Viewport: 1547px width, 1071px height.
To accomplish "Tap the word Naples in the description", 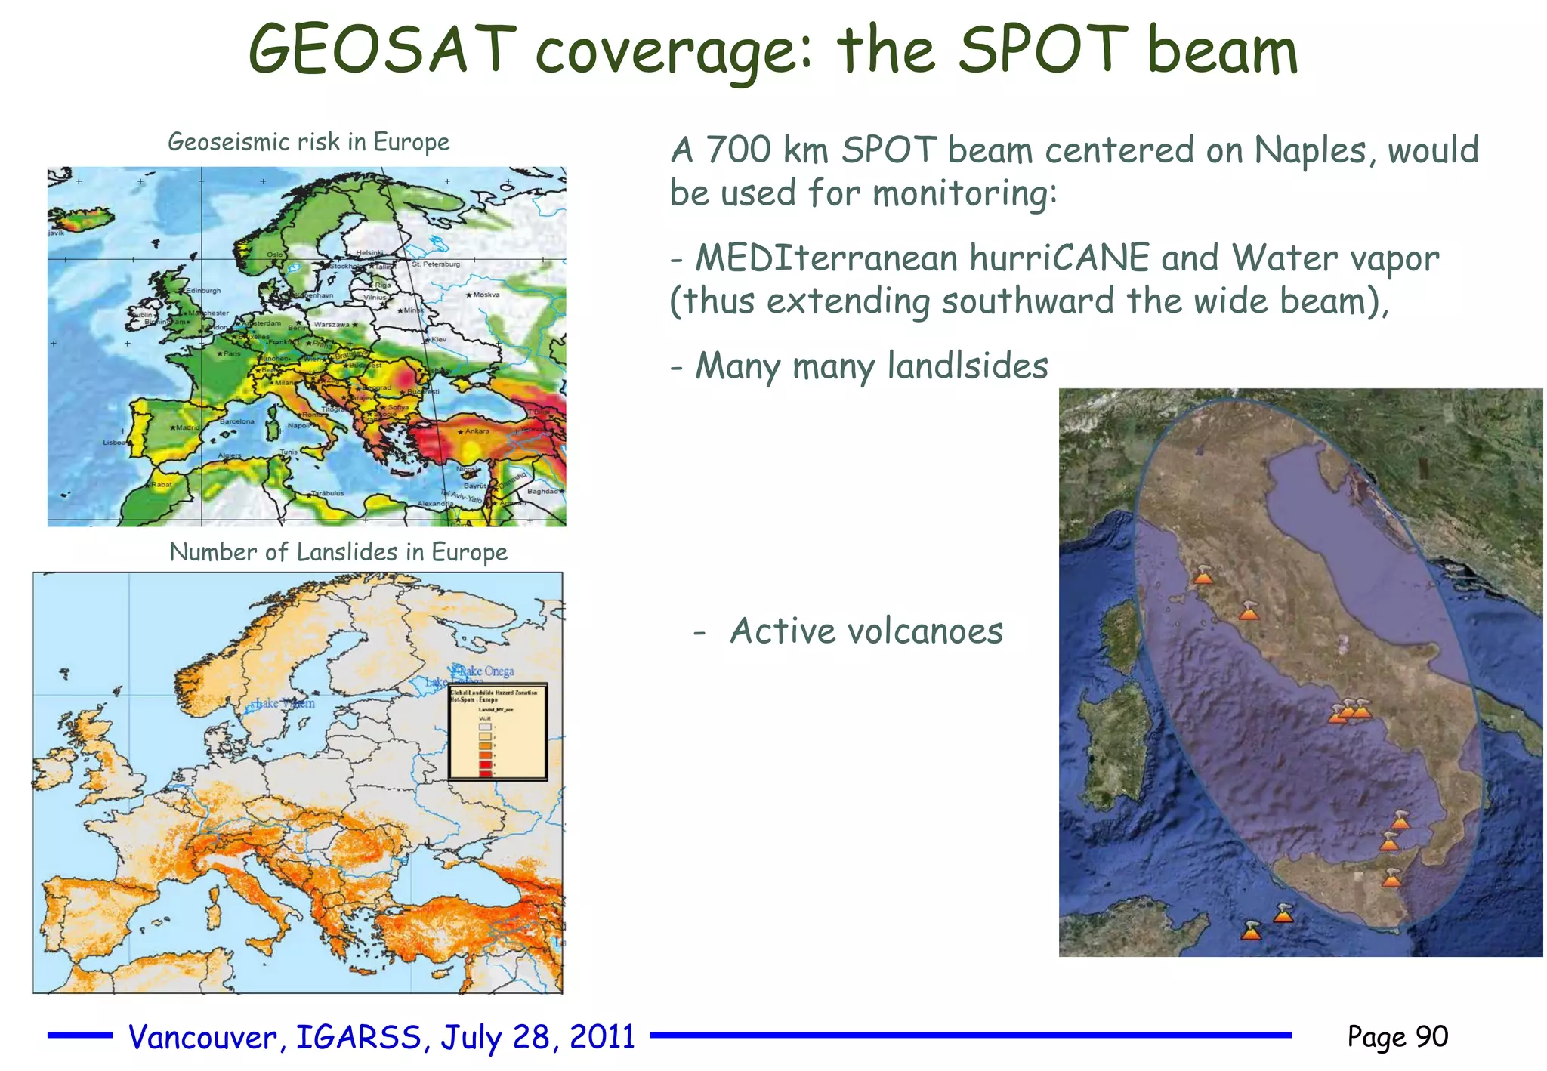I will (1308, 151).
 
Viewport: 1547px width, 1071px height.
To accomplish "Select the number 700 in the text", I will (738, 150).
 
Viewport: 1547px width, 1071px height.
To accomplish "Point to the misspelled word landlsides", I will (967, 366).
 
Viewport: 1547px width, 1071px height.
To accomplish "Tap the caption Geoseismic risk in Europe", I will (308, 142).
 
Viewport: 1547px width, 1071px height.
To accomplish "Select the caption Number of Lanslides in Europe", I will (338, 552).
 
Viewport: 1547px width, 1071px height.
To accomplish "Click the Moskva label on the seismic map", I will (486, 295).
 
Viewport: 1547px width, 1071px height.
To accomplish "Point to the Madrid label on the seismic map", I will (187, 427).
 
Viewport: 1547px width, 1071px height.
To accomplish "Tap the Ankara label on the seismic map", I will (477, 431).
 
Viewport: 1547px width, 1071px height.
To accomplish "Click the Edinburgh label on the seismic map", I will (203, 291).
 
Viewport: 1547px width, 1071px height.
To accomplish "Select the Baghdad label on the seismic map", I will (542, 491).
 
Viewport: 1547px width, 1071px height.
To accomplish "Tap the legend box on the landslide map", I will (498, 732).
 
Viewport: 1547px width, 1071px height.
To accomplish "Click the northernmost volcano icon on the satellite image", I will (1203, 576).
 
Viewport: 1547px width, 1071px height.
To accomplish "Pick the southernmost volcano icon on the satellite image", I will (1252, 931).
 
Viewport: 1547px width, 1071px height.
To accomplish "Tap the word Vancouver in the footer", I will (202, 1038).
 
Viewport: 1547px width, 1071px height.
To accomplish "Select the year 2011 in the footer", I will (602, 1037).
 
